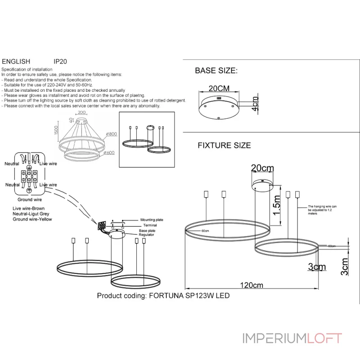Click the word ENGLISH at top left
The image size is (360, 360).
point(16,62)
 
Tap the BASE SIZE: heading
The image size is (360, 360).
point(216,71)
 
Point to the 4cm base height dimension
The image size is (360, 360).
point(255,104)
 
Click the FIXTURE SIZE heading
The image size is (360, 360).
point(224,146)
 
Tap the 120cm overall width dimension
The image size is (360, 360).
point(252,285)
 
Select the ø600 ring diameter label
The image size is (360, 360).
point(109,153)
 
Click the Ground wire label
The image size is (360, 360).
point(30,199)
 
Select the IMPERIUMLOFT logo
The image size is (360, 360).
point(292,338)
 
